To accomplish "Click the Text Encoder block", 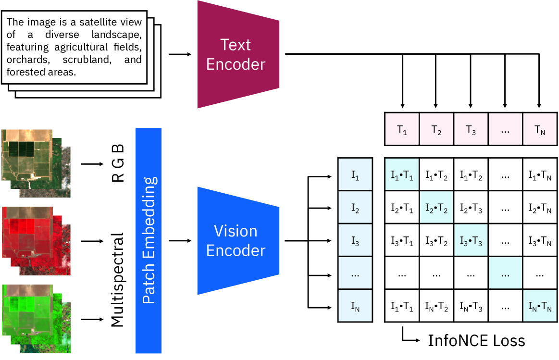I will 237,54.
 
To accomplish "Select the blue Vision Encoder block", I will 237,240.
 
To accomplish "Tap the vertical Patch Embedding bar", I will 149,240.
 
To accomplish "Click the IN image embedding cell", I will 355,306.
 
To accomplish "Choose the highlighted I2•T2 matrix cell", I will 436,207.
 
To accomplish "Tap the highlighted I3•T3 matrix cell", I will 471,240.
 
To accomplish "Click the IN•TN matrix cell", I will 539,306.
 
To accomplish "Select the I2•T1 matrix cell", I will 402,207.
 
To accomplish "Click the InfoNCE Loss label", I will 476,341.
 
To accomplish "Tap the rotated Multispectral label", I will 118,280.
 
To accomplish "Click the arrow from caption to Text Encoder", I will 180,54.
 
